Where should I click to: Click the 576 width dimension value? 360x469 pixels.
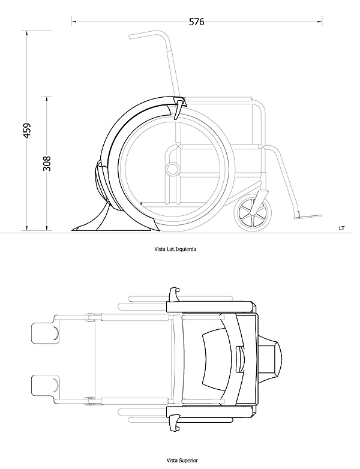(x=197, y=22)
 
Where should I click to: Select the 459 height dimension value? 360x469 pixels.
(x=27, y=130)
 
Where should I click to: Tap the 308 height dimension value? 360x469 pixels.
(x=47, y=163)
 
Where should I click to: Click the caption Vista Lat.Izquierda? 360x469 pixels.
(x=175, y=249)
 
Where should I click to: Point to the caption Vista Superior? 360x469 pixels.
(x=182, y=461)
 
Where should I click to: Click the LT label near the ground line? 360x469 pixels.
(x=342, y=229)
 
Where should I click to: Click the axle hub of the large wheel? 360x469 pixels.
(x=172, y=169)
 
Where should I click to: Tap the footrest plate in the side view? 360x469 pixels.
(x=308, y=217)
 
